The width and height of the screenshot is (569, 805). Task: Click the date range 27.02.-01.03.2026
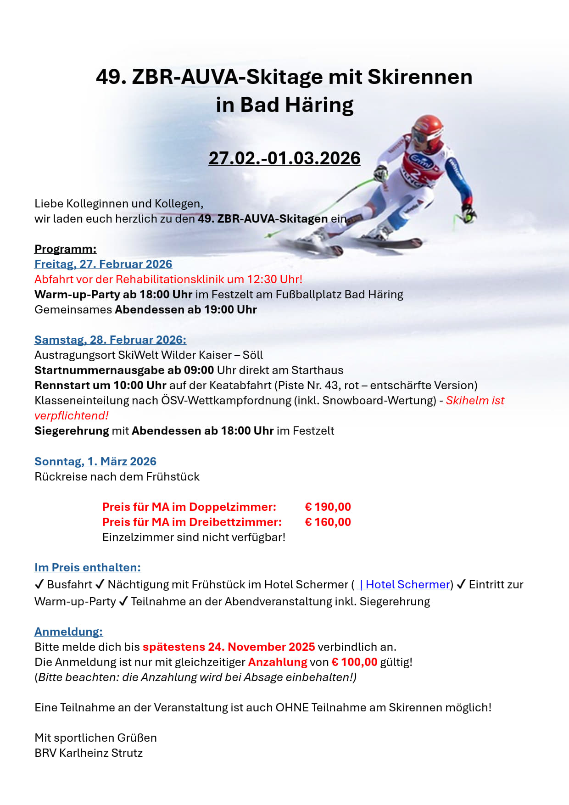(284, 158)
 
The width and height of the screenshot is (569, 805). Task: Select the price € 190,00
(328, 507)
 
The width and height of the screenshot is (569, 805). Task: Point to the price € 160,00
(328, 522)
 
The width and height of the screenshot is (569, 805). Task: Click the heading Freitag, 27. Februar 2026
(103, 264)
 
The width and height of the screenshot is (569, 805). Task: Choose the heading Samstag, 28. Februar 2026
(110, 340)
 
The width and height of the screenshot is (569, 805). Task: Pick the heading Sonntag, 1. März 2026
(95, 461)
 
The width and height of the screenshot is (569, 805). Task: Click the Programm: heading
(65, 249)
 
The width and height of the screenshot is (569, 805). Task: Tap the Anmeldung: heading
(68, 632)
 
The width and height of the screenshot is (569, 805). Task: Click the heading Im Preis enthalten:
(87, 567)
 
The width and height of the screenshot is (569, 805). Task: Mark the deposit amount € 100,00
(354, 662)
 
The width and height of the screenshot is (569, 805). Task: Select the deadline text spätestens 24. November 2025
(229, 647)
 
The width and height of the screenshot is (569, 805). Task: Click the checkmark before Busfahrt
(39, 584)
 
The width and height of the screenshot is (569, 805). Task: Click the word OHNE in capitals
(292, 707)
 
